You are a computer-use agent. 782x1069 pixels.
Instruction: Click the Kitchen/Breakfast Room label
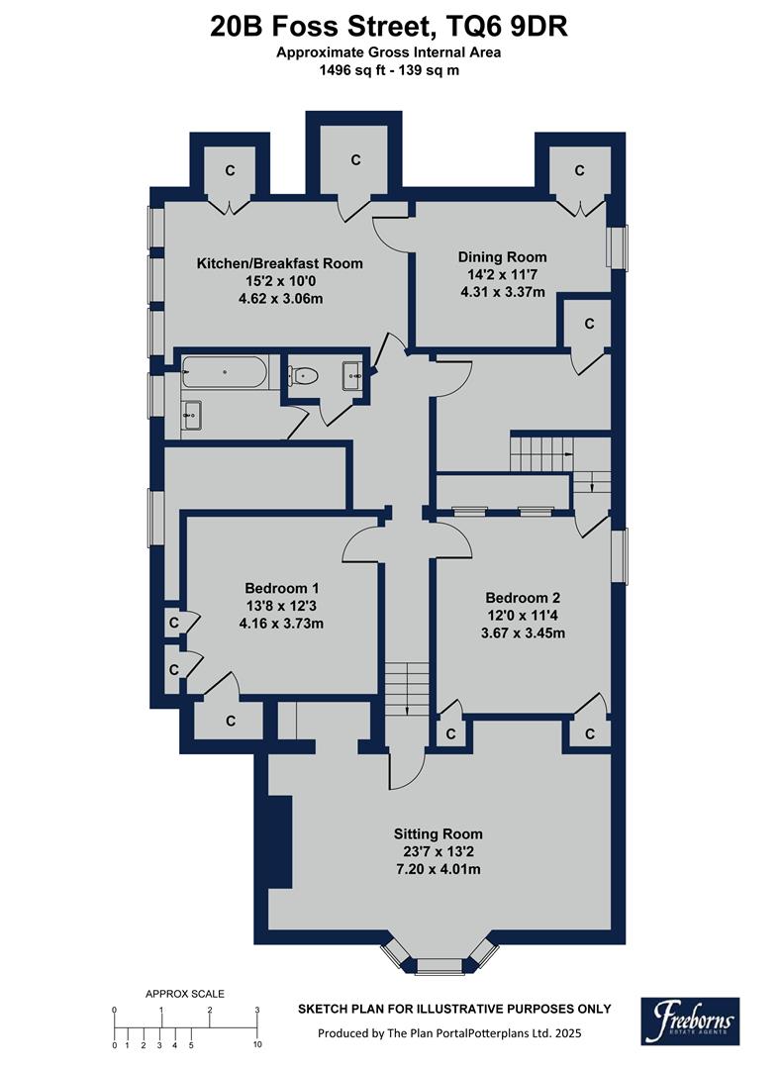[279, 263]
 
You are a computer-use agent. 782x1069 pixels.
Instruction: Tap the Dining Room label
[502, 256]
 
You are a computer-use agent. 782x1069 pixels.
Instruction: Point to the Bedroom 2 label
[523, 598]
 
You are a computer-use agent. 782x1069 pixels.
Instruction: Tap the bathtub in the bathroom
[225, 372]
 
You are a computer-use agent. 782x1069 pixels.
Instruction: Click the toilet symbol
[303, 375]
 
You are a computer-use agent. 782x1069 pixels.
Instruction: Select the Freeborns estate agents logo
[690, 1020]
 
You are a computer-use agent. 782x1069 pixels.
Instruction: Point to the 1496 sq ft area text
[352, 70]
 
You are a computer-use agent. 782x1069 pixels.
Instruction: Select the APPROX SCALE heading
[185, 994]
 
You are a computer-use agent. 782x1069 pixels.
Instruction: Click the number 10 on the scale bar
[256, 1044]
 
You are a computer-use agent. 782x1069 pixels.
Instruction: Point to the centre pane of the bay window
[437, 962]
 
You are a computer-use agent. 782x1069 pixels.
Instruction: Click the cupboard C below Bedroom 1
[230, 721]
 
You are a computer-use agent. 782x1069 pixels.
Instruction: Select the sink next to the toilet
[353, 375]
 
